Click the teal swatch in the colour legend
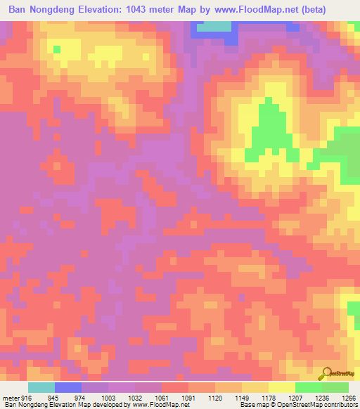41,388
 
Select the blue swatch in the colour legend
68,388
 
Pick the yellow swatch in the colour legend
281,388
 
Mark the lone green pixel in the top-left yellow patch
57,49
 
